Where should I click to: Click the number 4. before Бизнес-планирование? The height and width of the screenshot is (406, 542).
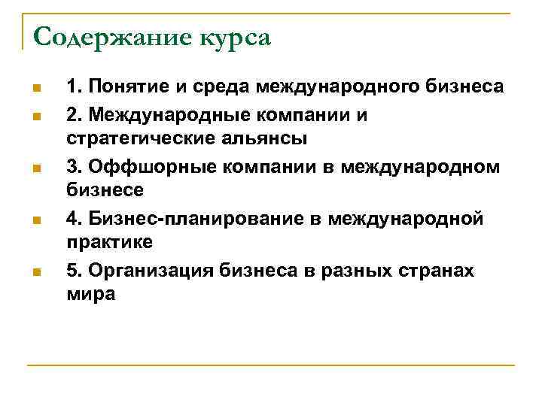(73, 218)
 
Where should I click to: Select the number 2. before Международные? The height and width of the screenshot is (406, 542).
(73, 114)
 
